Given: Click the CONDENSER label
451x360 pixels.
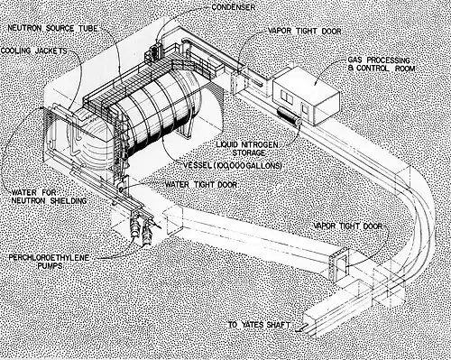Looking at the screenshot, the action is tap(234, 7).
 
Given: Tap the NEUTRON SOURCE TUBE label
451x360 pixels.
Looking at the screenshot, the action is tap(52, 29).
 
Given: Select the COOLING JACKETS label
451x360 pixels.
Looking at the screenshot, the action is tap(33, 51).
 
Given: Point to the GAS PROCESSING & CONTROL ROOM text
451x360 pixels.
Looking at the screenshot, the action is tap(382, 64).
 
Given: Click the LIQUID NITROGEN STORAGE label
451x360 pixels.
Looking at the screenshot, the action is tap(247, 149).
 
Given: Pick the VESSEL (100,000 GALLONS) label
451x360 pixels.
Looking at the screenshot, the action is tap(233, 165).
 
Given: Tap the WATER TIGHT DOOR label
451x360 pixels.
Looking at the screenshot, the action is tap(201, 184).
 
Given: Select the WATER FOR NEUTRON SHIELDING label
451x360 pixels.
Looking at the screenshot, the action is tap(49, 197).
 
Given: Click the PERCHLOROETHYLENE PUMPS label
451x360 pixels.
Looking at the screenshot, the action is tap(49, 262).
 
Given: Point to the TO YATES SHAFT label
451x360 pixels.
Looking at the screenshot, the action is tap(259, 325).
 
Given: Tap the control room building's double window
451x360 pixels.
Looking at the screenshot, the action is tap(286, 96).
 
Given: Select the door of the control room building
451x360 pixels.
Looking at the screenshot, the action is tap(305, 110).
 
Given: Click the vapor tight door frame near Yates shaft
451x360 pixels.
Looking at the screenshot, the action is tap(339, 264).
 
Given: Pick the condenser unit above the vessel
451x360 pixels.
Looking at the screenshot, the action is tap(154, 51).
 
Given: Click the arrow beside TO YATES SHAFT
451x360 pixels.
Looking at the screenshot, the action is tap(301, 328).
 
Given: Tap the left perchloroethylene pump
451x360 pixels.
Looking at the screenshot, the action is tap(134, 226).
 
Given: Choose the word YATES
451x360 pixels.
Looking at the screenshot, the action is tap(253, 325).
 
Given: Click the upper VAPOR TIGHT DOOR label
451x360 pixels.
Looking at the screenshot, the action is tap(304, 31).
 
